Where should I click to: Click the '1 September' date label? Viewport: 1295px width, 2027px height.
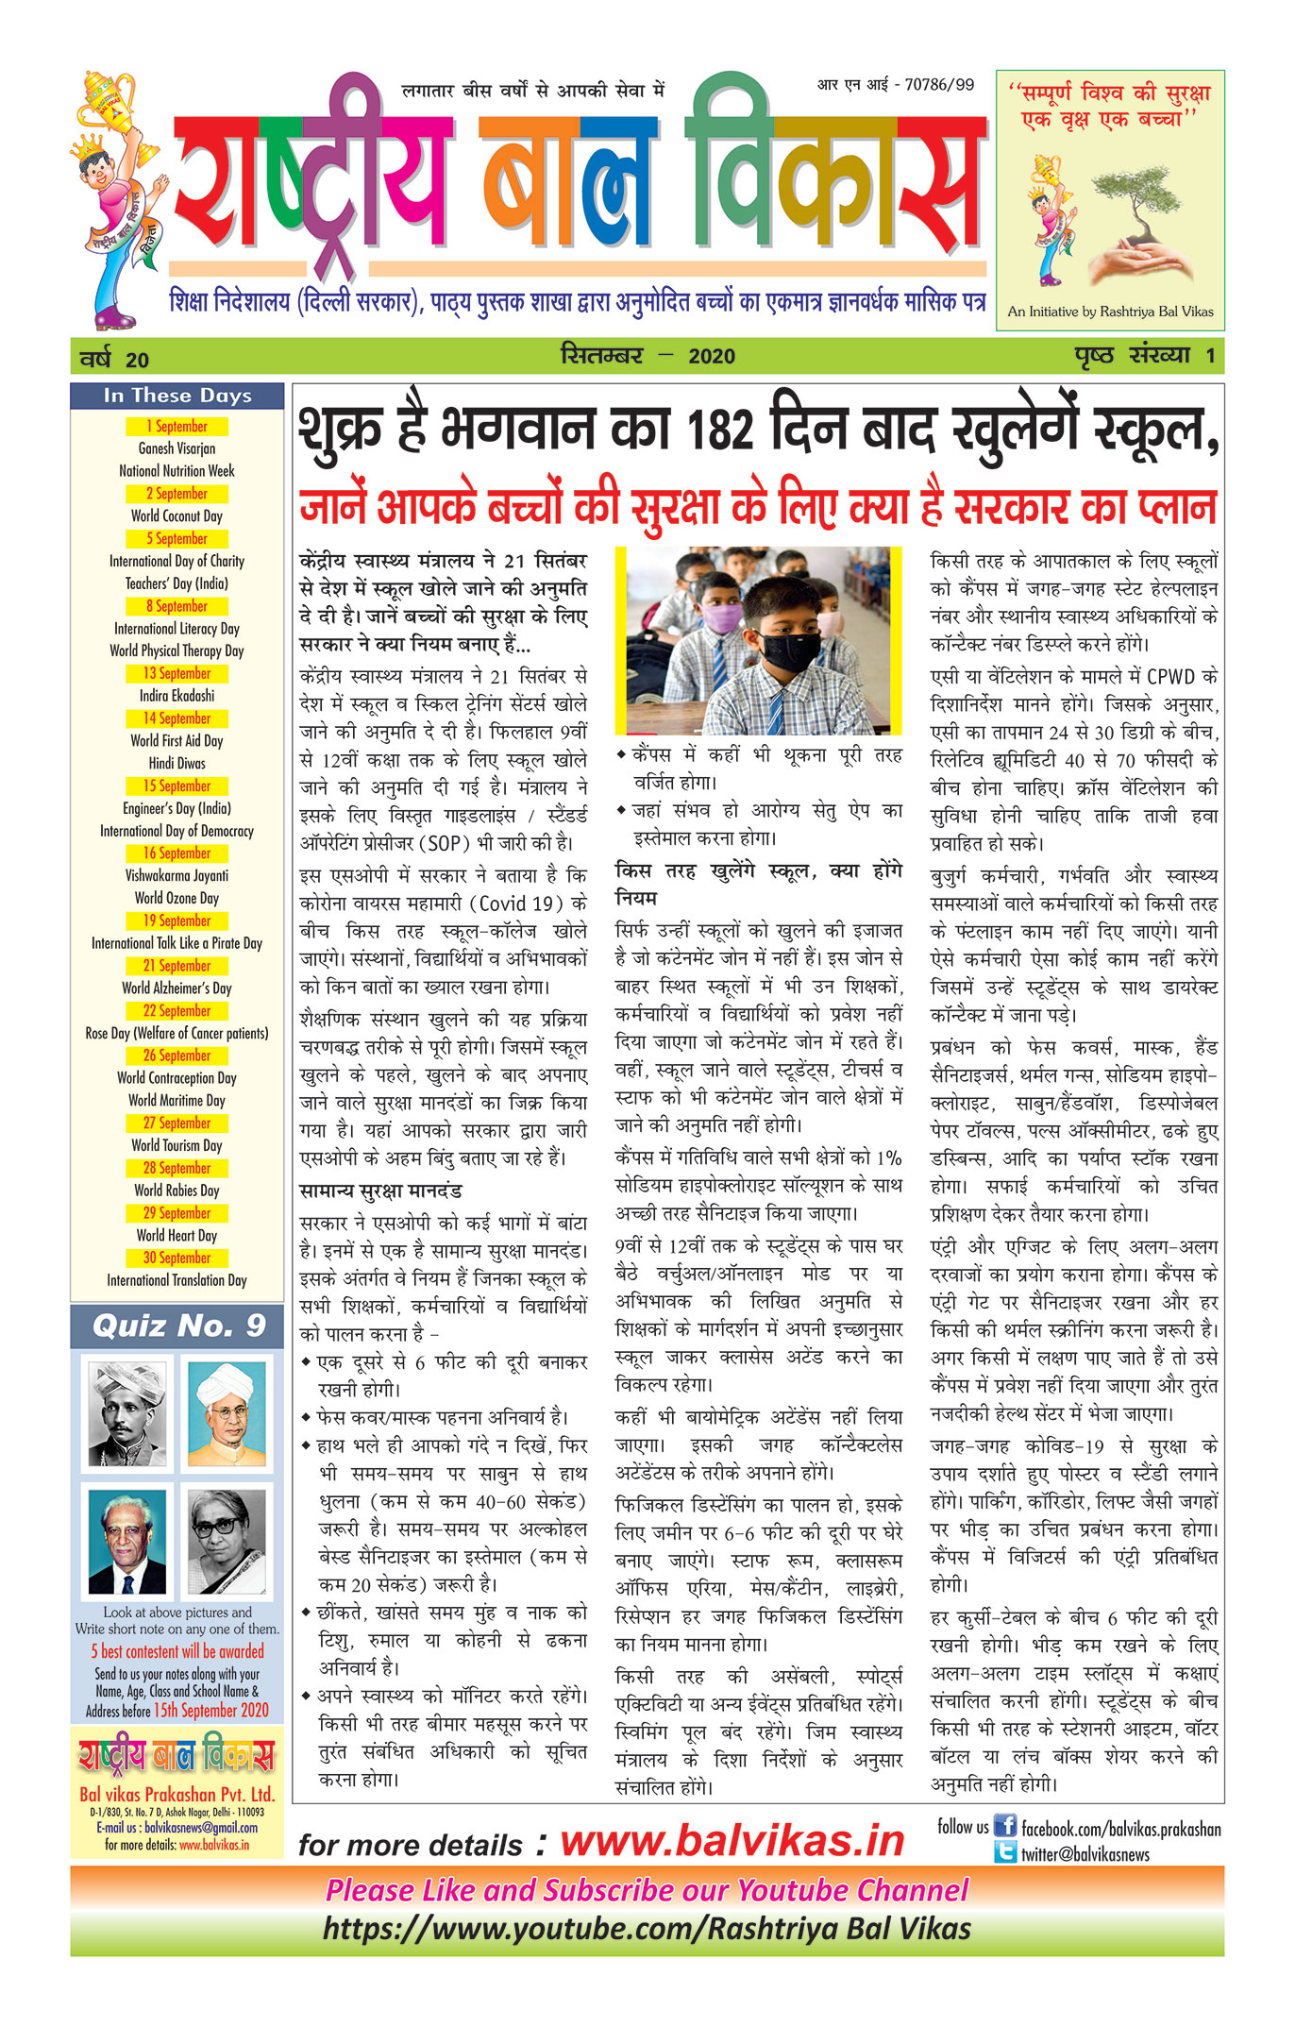177,427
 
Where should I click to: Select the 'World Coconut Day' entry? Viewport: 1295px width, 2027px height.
177,516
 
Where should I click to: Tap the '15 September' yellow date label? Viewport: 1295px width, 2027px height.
177,786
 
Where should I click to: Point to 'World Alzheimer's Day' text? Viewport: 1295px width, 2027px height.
177,988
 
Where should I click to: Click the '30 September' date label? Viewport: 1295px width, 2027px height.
177,1258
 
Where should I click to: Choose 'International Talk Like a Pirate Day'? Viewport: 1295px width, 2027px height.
177,943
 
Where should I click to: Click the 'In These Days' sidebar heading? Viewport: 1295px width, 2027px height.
177,396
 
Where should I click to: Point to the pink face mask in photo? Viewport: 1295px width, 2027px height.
723,619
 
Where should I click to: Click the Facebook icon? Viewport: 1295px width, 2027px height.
1005,1826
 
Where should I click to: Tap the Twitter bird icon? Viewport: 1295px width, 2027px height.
1005,1852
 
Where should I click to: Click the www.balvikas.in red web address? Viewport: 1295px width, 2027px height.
732,1841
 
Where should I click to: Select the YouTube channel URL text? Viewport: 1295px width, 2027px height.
647,1928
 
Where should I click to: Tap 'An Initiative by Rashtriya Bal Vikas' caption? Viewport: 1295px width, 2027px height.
1110,312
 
